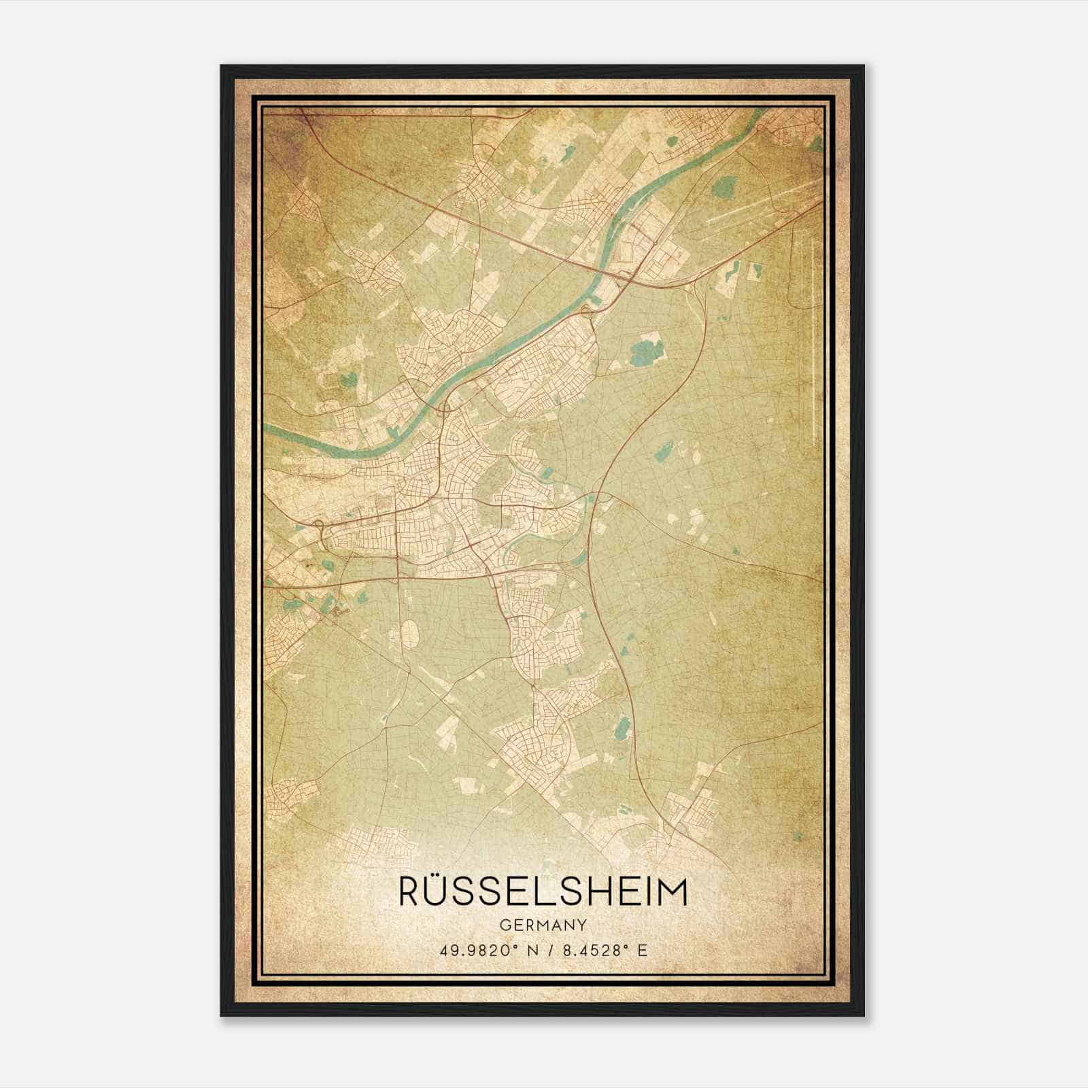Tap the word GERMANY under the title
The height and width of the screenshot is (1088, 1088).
(x=543, y=925)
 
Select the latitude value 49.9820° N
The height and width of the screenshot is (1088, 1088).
(x=484, y=949)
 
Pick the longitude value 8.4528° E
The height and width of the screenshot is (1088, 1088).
(x=603, y=949)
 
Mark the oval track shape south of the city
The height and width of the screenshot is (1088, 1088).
(x=409, y=634)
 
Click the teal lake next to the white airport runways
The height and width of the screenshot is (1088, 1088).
(x=727, y=184)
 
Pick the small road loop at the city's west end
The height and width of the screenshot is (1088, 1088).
(x=320, y=524)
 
